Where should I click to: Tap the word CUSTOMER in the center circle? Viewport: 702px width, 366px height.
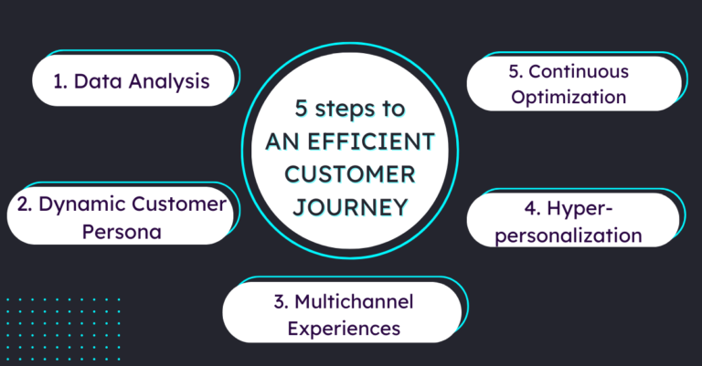(x=351, y=173)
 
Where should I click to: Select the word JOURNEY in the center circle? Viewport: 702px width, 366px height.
(x=351, y=206)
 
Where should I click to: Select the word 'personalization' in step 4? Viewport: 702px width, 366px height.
(x=574, y=235)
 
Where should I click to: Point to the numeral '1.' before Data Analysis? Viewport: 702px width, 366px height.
(x=60, y=81)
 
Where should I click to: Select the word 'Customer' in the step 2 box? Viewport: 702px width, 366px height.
(x=175, y=204)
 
